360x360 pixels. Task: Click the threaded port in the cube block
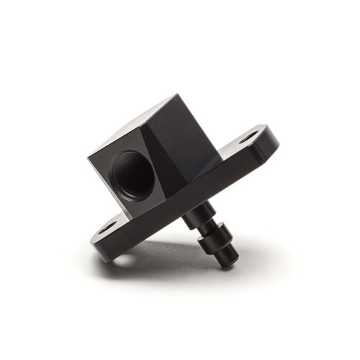coord(133,174)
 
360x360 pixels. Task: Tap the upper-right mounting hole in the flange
coord(247,137)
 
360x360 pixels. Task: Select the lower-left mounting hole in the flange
coord(107,228)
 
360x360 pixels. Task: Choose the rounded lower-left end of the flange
coord(99,241)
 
